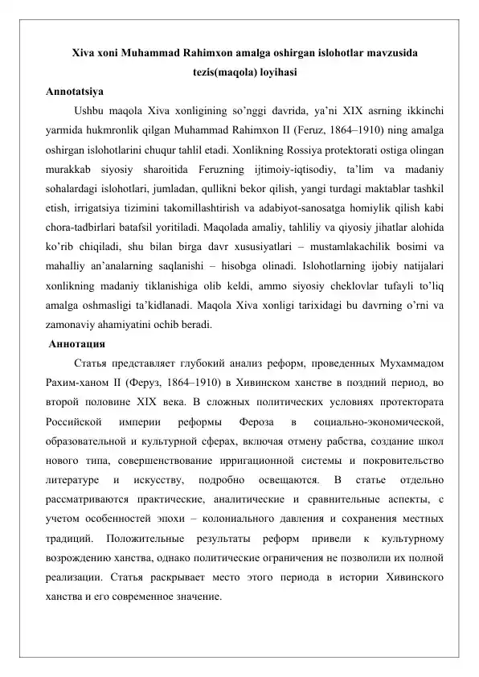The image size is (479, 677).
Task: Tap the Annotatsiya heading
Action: [75, 89]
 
